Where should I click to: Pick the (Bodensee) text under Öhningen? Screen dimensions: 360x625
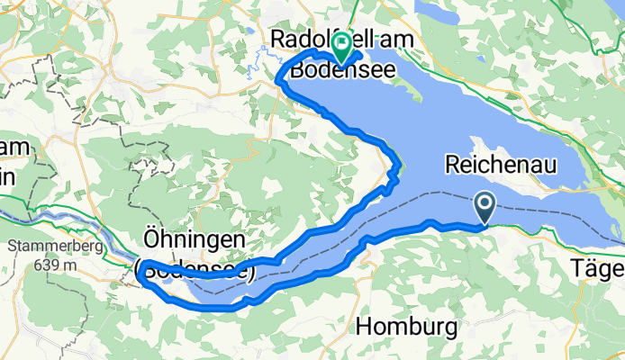click(195, 268)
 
